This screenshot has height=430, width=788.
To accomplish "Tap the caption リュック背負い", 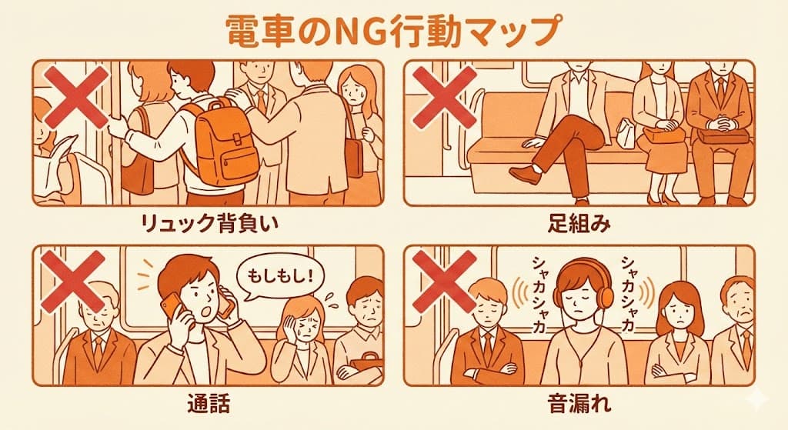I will (x=207, y=225).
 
